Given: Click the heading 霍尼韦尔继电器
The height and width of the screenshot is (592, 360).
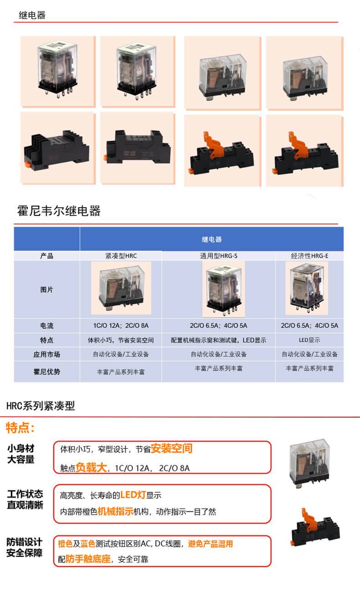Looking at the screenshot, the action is [x=59, y=211].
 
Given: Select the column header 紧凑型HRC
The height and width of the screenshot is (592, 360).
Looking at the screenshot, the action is [x=121, y=256].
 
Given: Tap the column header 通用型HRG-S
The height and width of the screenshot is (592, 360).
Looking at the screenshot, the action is [x=218, y=256].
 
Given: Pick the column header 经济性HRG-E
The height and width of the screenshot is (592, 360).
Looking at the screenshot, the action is [x=309, y=256].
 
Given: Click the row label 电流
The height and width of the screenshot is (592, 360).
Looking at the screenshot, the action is [x=46, y=326].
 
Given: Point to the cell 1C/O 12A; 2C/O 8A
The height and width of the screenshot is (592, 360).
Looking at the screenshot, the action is [x=121, y=326].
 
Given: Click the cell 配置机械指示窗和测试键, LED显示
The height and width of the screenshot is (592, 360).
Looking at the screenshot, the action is [x=218, y=340].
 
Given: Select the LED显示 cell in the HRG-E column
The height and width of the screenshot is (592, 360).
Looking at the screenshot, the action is [x=309, y=340].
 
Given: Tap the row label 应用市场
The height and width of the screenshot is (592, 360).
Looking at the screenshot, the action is [x=46, y=354].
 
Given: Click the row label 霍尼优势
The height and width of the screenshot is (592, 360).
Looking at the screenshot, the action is [x=46, y=372].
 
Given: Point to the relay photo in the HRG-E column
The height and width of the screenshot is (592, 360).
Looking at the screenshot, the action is [x=307, y=288].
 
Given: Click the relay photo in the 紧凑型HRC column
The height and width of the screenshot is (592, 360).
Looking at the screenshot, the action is [x=121, y=288].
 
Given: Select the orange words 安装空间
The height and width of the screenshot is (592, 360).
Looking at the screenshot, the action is [x=171, y=449].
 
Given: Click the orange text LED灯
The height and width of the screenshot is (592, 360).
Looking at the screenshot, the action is [x=133, y=495].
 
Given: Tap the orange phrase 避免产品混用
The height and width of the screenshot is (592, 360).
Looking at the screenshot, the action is [x=211, y=544].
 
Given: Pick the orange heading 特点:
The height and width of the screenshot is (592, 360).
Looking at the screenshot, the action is [x=21, y=428].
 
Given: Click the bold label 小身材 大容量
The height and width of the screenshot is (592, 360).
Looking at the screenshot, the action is [x=21, y=454].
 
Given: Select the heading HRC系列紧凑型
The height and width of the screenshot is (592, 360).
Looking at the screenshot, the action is [x=41, y=406].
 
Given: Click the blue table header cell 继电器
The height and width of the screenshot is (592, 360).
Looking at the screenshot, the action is [x=211, y=240].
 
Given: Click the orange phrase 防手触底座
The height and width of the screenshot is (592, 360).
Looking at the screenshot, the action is [x=88, y=559].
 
